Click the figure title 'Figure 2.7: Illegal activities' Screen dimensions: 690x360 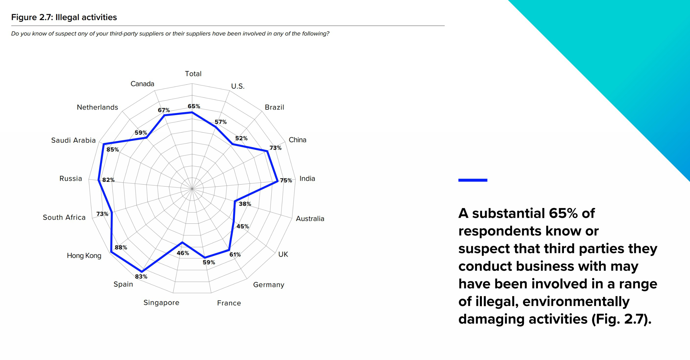tap(64, 17)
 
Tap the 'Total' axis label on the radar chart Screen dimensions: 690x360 tap(193, 74)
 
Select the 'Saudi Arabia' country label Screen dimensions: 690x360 tap(73, 140)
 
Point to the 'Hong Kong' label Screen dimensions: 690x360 tap(84, 256)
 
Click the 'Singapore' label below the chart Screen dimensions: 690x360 tap(161, 303)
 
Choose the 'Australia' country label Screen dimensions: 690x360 tap(310, 219)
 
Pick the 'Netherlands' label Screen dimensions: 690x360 tap(97, 107)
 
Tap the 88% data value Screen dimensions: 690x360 tap(121, 247)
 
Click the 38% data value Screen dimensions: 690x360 tap(245, 204)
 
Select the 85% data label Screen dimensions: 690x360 tap(113, 150)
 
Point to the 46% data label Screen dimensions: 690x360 tap(183, 253)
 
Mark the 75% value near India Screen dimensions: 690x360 tap(286, 180)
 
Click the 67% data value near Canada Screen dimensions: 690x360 tap(164, 110)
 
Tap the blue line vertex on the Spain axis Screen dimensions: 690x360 tap(142, 271)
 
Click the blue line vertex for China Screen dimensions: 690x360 tap(267, 151)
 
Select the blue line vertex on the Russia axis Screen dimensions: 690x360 tap(99, 180)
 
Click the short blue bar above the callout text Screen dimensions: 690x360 tap(473, 180)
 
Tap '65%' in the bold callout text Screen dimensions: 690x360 tap(563, 213)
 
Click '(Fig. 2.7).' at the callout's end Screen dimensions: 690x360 tap(621, 319)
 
